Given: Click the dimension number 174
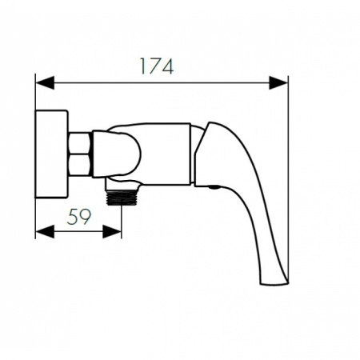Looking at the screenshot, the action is (x=157, y=66).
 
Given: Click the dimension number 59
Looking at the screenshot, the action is (x=79, y=216).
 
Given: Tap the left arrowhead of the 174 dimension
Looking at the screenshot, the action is (x=45, y=82).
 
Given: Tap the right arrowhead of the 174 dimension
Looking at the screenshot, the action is (x=278, y=82).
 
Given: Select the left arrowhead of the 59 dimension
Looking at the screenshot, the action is (x=45, y=231).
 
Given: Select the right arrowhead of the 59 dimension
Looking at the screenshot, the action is (x=112, y=231).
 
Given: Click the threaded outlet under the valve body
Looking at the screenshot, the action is (x=122, y=198).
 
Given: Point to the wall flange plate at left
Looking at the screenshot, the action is (x=51, y=154).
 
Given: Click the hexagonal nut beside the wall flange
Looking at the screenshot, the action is (x=79, y=154).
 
